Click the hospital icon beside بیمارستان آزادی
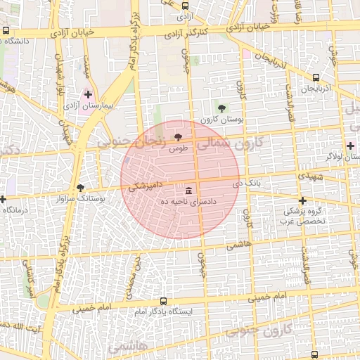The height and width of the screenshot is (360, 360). click(x=88, y=94)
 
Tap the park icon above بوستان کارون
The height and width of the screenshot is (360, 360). click(x=221, y=108)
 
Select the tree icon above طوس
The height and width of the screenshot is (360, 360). click(x=178, y=136)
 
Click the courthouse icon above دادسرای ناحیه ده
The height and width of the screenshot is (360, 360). click(x=189, y=191)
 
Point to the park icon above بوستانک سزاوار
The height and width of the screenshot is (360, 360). click(x=81, y=188)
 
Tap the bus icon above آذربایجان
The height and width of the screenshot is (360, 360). click(x=316, y=77)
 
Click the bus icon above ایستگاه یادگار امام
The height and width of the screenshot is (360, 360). click(x=164, y=300)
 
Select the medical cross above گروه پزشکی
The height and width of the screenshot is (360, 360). click(x=302, y=200)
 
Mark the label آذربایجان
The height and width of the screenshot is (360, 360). click(x=315, y=89)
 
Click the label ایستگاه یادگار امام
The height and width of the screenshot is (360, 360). click(x=164, y=311)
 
